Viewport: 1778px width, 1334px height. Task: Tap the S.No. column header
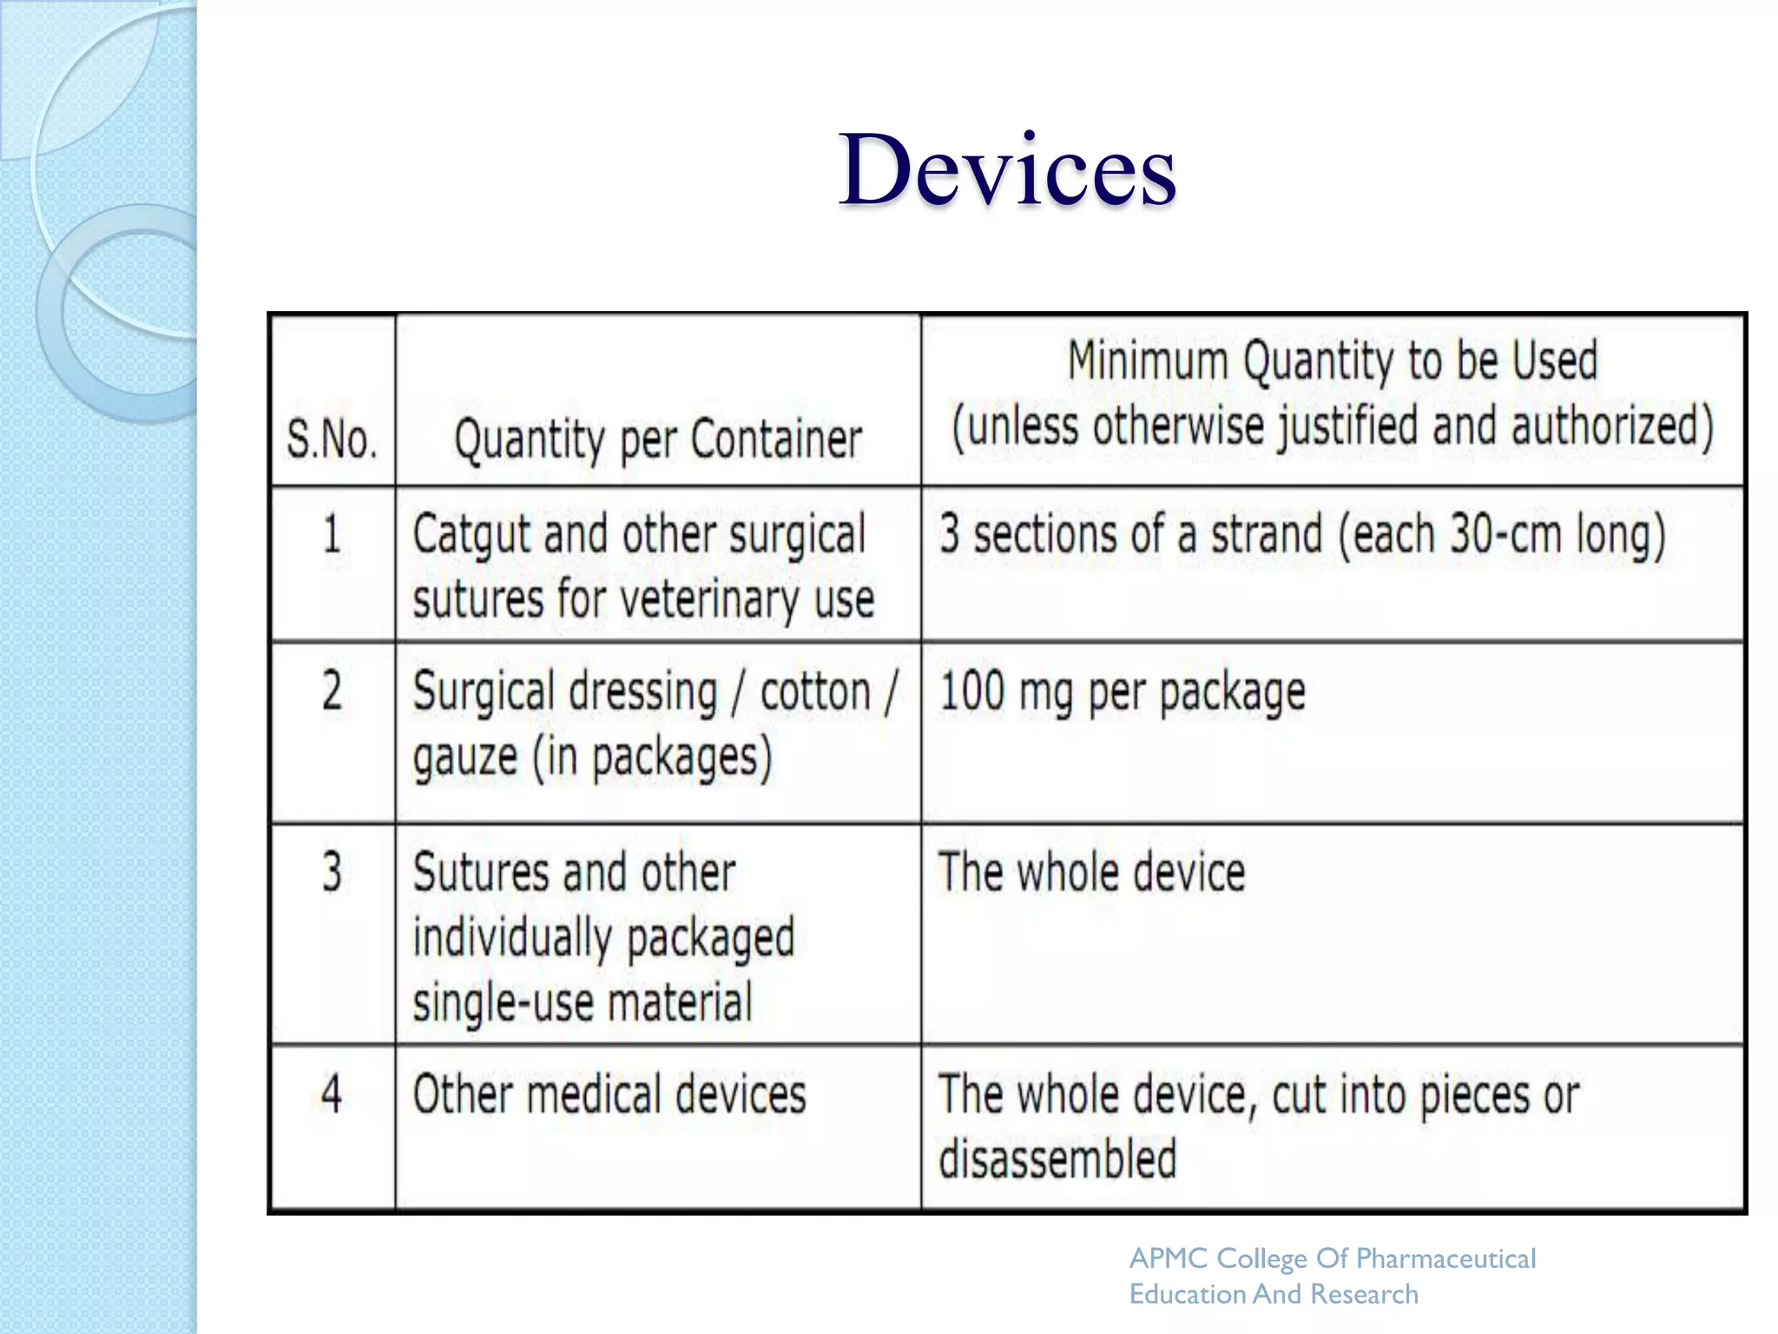tap(332, 439)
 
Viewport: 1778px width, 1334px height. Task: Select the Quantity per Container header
tap(658, 439)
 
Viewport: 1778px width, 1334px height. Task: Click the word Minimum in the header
tap(1148, 360)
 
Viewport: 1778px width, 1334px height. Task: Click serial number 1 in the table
tap(332, 533)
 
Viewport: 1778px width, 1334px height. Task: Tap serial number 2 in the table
tap(332, 691)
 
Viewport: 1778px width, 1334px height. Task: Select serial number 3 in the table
tap(332, 872)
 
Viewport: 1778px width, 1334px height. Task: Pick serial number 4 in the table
tap(332, 1093)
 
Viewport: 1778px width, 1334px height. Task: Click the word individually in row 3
tap(512, 938)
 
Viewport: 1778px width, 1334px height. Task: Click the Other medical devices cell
tap(609, 1094)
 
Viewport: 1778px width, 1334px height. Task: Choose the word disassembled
tap(1057, 1159)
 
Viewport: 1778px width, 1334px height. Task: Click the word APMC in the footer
tap(1169, 1258)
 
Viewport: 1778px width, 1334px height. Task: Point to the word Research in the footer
tap(1364, 1294)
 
